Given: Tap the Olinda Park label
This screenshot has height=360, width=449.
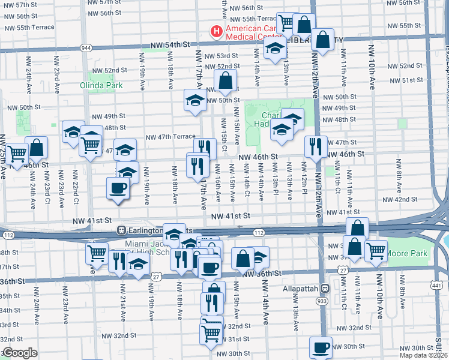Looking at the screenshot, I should (x=101, y=85).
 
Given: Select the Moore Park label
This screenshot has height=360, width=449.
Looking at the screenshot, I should (x=408, y=253).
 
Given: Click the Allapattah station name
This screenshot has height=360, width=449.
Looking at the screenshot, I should (x=301, y=288).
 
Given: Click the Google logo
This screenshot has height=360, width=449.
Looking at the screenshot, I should (x=20, y=353).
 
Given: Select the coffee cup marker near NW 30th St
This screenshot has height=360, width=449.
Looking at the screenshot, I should (x=320, y=347).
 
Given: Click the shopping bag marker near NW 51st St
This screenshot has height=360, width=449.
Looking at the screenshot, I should (x=226, y=80).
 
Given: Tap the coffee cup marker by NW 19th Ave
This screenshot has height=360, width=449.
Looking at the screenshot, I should (x=118, y=188).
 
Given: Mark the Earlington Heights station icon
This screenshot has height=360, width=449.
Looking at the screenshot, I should (x=121, y=230).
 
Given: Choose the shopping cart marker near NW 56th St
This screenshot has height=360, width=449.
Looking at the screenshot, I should (x=287, y=23).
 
